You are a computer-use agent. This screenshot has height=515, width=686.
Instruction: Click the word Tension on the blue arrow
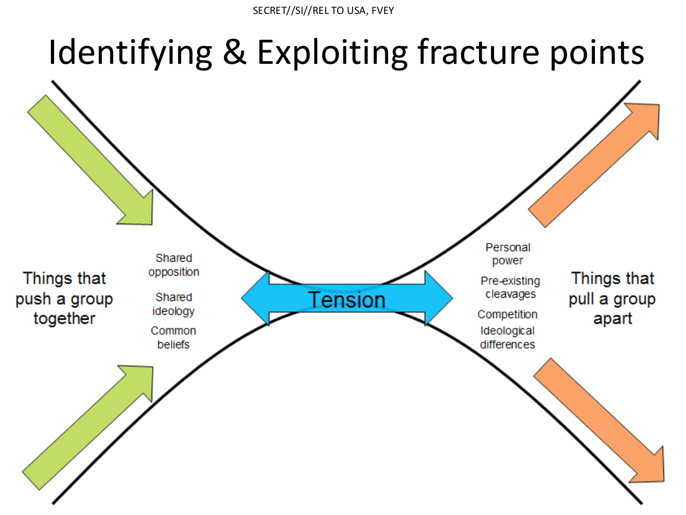coord(347,299)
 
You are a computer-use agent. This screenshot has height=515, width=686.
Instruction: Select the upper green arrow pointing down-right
coord(90,160)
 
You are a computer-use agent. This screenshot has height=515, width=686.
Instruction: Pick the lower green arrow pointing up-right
coord(87,428)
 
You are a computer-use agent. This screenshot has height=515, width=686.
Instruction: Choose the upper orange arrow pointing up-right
coord(594,165)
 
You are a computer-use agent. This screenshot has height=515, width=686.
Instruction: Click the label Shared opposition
coord(174,265)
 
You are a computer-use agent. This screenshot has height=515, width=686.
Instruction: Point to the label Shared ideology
coord(174,304)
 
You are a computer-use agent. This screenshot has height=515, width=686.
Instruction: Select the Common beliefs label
coord(174,337)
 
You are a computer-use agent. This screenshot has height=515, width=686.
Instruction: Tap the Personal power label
coord(508,254)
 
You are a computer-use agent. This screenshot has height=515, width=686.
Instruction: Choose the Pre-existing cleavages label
coord(510,288)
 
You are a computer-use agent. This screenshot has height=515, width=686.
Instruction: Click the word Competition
coord(508,314)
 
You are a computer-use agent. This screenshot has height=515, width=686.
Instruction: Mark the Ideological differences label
coord(508,337)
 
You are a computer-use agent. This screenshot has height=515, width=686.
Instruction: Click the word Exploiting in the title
coord(332,52)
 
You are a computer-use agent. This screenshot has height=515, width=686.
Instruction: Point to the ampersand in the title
coord(235,52)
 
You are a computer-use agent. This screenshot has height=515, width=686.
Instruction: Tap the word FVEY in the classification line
coord(383,11)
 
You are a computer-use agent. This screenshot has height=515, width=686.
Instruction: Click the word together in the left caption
coord(64,319)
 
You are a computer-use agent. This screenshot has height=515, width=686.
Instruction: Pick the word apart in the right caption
coord(613,319)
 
